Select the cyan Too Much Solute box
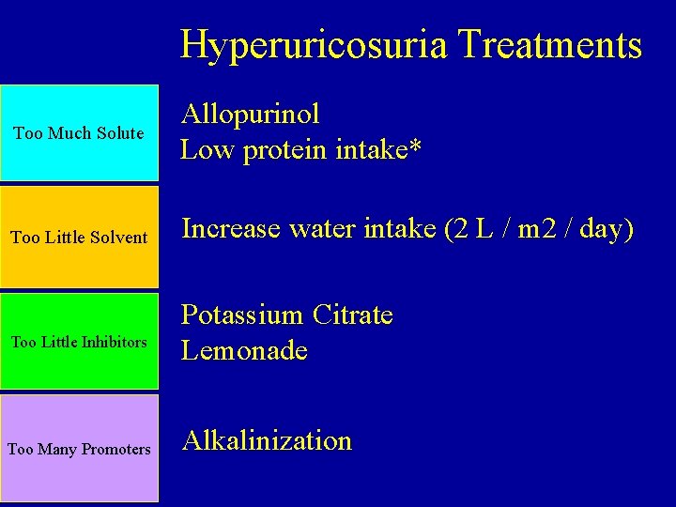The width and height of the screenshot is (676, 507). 79,132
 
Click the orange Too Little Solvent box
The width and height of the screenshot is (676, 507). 79,237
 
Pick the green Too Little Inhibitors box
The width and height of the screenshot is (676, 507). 79,342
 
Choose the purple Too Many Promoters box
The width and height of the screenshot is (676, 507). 79,449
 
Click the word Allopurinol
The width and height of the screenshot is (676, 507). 251,115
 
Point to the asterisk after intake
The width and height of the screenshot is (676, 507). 414,148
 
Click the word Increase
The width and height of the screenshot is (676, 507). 230,228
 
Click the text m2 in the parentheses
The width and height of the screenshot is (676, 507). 528,228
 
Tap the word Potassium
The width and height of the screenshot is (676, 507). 242,315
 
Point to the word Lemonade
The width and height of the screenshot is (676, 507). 245,351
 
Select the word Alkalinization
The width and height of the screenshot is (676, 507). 268,440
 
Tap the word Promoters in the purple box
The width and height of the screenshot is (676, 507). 116,450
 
